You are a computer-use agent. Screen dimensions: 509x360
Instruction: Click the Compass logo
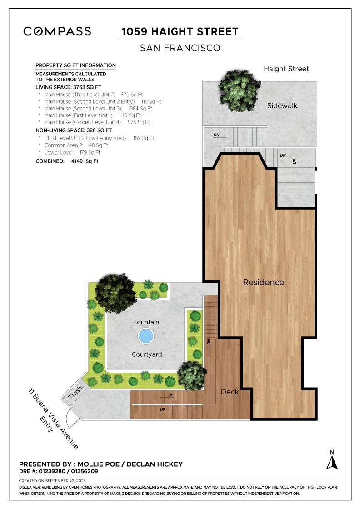pyautogui.click(x=57, y=31)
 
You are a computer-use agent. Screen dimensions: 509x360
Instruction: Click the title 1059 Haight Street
pyautogui.click(x=180, y=32)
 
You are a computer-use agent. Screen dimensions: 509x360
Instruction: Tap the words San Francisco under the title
pyautogui.click(x=180, y=48)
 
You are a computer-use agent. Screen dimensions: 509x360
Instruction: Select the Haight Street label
pyautogui.click(x=286, y=69)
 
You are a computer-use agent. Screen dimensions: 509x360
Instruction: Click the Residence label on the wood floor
pyautogui.click(x=263, y=282)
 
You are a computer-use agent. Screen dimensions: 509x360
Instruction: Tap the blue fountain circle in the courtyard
pyautogui.click(x=145, y=337)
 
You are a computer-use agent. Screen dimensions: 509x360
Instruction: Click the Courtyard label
pyautogui.click(x=147, y=354)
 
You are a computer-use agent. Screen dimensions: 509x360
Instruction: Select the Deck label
pyautogui.click(x=230, y=392)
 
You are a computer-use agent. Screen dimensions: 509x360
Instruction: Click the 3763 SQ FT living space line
pyautogui.click(x=68, y=87)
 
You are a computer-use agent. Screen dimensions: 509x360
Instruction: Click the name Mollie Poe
pyautogui.click(x=99, y=464)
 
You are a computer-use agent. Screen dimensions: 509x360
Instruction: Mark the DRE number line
pyautogui.click(x=58, y=472)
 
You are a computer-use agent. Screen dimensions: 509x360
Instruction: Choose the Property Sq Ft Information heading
pyautogui.click(x=75, y=65)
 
